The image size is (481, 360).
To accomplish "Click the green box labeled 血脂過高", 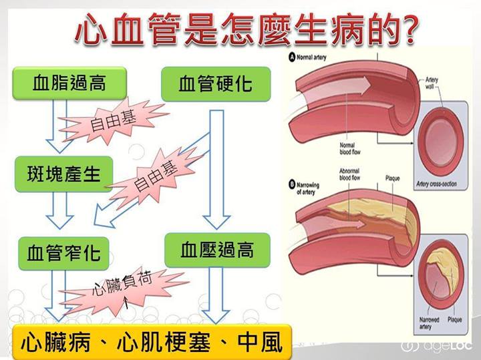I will coord(69,84).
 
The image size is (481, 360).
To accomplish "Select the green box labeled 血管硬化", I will coord(215,84).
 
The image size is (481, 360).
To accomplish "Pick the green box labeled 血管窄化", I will coord(63,252).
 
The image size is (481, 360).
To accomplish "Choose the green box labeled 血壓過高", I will coord(216,250).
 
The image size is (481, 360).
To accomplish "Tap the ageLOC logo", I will coord(438,345).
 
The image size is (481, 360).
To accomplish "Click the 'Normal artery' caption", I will coord(314,57).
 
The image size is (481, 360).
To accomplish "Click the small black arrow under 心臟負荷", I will coord(127,305).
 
